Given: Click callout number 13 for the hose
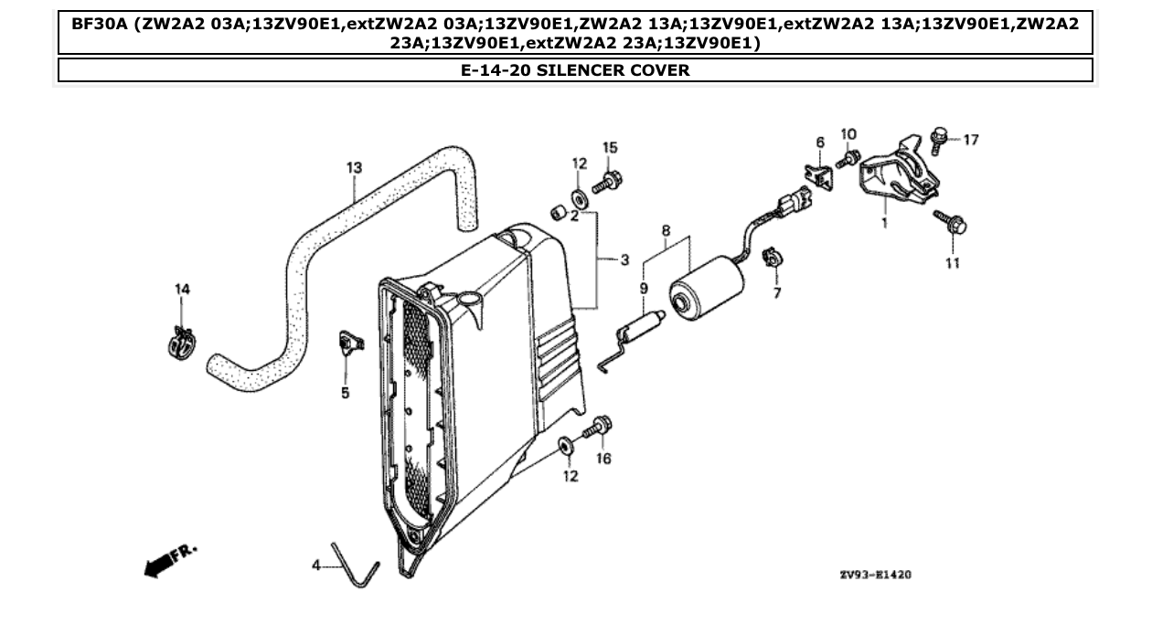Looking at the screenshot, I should [x=354, y=167].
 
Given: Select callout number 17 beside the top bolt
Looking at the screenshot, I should [x=970, y=140].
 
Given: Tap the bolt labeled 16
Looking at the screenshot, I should [x=602, y=426].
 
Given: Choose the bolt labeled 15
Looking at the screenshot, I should [x=607, y=183].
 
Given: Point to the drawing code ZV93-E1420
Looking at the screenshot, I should [x=874, y=576].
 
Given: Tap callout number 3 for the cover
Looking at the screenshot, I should [x=624, y=260].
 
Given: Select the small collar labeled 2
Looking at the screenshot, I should [x=556, y=213].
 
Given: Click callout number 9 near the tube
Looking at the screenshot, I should [x=644, y=289].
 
